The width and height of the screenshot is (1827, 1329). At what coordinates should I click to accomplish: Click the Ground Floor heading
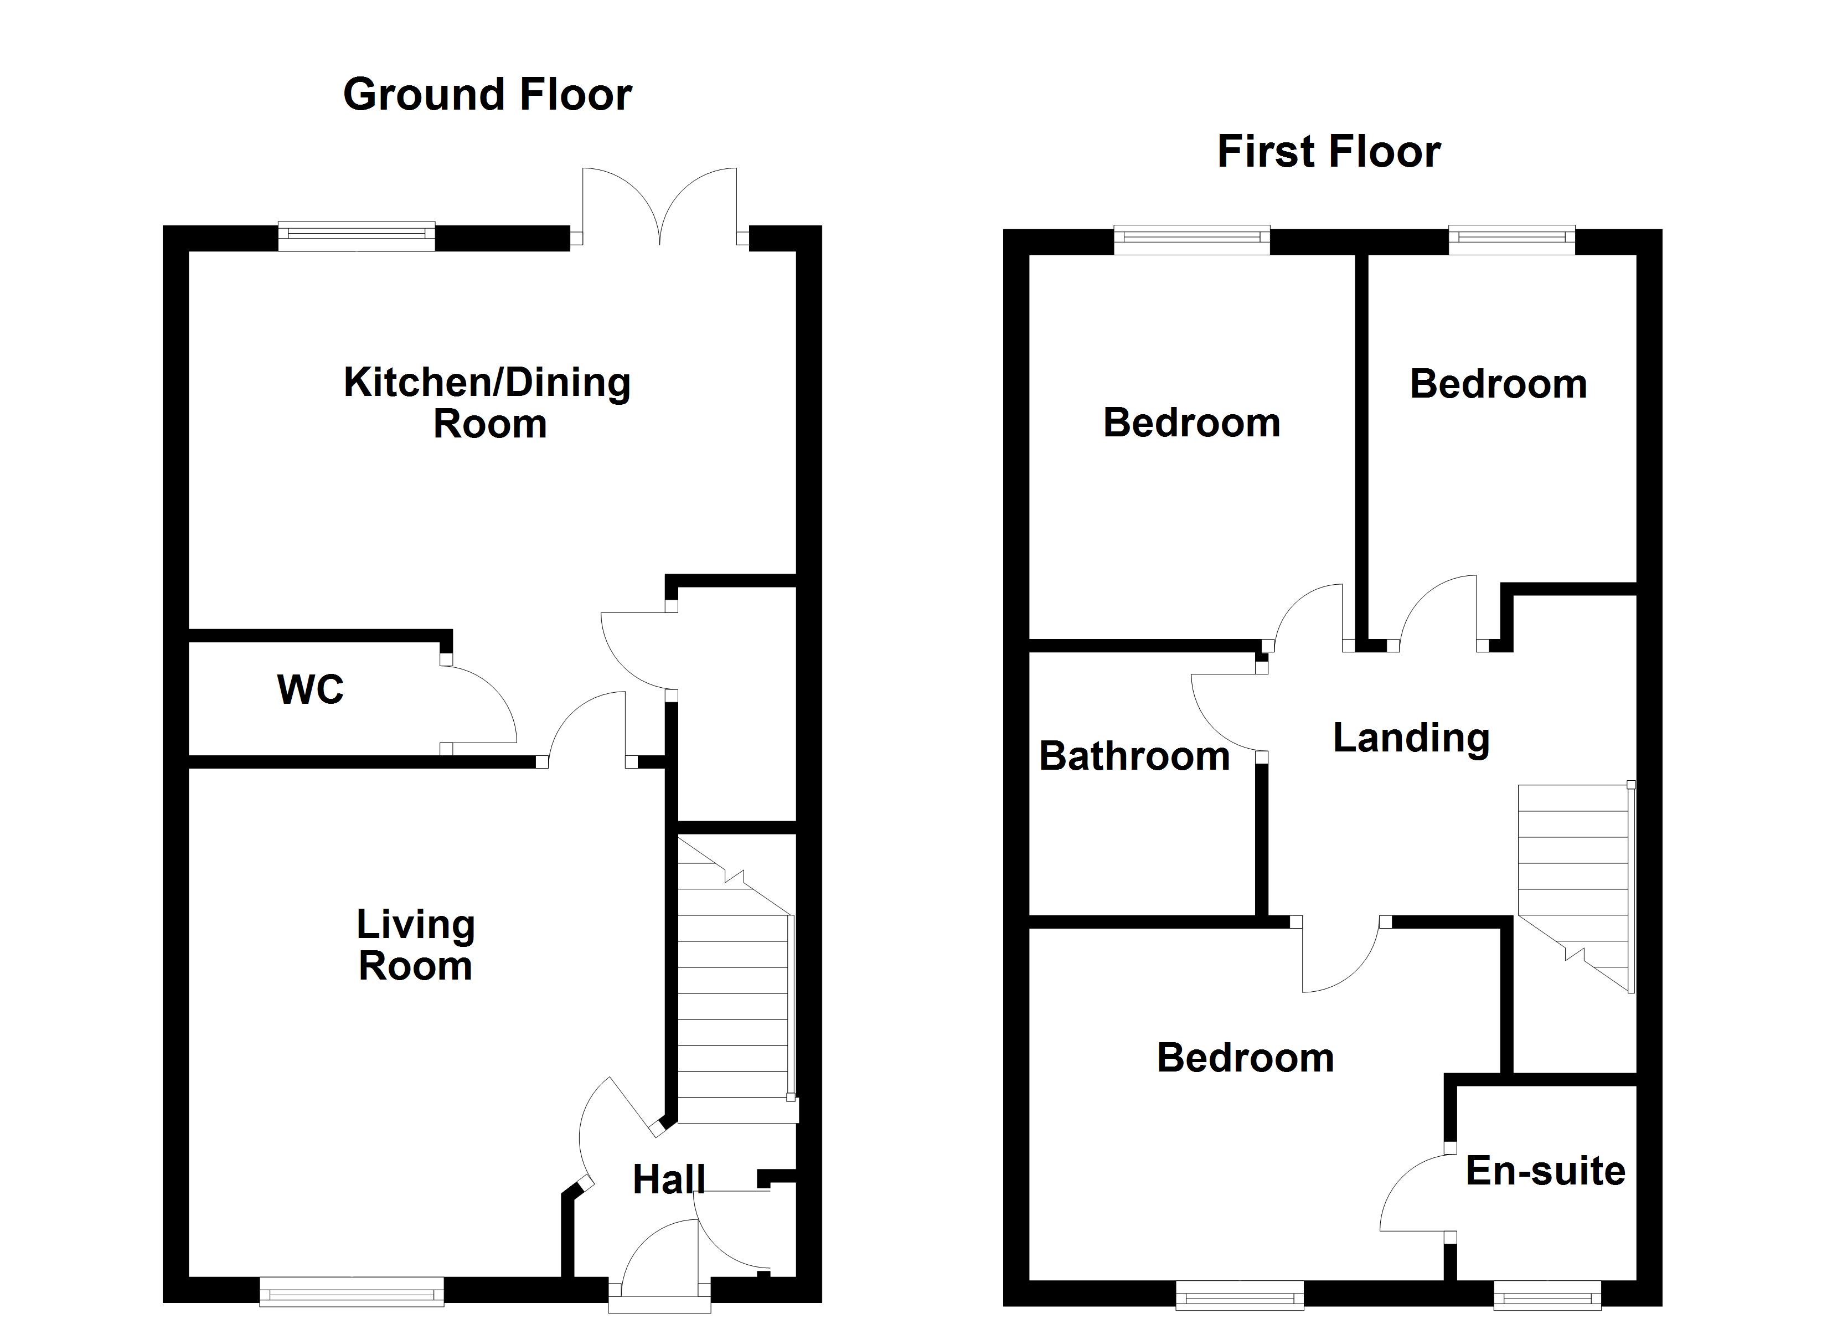coord(487,95)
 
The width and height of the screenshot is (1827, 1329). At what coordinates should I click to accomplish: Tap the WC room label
coord(310,690)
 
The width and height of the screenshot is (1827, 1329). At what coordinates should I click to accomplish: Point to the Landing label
coord(1411,738)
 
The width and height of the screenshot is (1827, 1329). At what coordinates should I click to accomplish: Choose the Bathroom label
coord(1134,756)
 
